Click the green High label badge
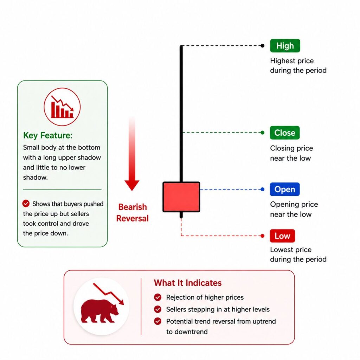pyautogui.click(x=285, y=46)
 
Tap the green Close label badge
pyautogui.click(x=285, y=133)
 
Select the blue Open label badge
pyautogui.click(x=285, y=189)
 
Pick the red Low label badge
pyautogui.click(x=282, y=236)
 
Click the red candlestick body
pyautogui.click(x=181, y=197)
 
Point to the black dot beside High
pyautogui.click(x=262, y=46)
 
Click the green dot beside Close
pyautogui.click(x=262, y=133)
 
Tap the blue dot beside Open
pyautogui.click(x=262, y=189)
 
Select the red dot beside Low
pyautogui.click(x=262, y=236)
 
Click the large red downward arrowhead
pyautogui.click(x=132, y=185)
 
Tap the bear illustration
pyautogui.click(x=99, y=311)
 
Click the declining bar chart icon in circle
pyautogui.click(x=62, y=107)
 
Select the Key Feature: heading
pyautogui.click(x=48, y=135)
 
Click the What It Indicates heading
pyautogui.click(x=188, y=283)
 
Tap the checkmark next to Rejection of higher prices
pyautogui.click(x=158, y=297)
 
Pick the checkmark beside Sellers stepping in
pyautogui.click(x=158, y=309)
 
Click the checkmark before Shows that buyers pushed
pyautogui.click(x=26, y=204)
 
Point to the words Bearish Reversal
pyautogui.click(x=133, y=213)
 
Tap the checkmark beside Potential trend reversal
pyautogui.click(x=158, y=321)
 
